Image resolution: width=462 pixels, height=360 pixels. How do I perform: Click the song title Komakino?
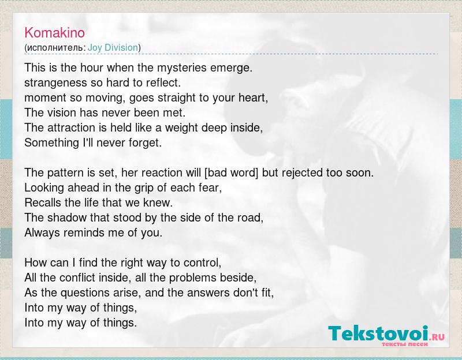coord(54,32)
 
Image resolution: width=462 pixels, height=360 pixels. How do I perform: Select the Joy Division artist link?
coord(113,47)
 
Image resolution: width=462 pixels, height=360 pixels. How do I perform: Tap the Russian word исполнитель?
coord(55,48)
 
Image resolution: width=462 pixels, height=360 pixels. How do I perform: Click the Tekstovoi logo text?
coord(378,333)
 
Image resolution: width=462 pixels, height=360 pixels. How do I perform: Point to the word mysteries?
coord(181,68)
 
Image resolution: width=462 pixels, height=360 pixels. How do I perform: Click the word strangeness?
coord(55,83)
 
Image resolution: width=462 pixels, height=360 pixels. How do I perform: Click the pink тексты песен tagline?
coord(405,344)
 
